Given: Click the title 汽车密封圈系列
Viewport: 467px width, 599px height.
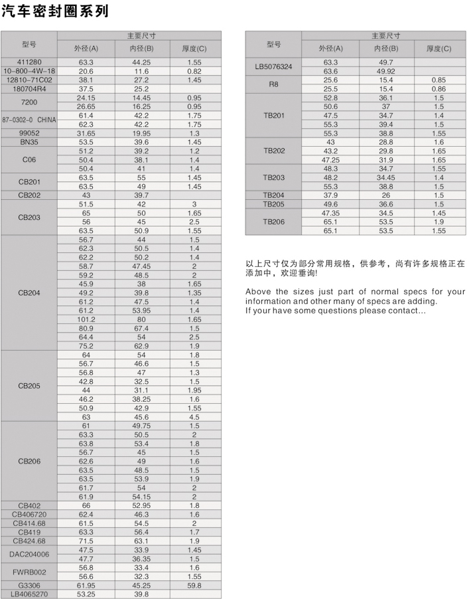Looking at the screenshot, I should point(55,12).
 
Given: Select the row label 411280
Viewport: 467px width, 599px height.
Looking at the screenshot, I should point(29,62).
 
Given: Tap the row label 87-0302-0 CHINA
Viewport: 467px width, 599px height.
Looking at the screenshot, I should point(29,119).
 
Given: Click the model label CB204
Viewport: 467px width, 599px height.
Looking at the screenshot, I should point(29,292).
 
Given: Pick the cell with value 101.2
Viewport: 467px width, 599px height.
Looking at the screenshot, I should point(86,318).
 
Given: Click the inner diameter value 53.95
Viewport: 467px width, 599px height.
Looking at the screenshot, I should point(141,309).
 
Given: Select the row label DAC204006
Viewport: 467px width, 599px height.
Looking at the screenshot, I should point(29,553).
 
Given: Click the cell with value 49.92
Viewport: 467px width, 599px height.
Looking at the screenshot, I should point(386,71).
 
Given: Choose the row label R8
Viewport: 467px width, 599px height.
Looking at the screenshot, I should point(274,84).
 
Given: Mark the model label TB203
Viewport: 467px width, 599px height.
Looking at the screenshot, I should point(274,178).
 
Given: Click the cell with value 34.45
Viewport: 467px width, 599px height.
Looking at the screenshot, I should point(386,178).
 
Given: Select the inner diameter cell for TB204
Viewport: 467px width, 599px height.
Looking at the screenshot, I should point(386,195).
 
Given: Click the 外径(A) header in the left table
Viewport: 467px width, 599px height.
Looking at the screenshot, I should point(86,48).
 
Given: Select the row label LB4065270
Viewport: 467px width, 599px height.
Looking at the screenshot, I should point(29,594).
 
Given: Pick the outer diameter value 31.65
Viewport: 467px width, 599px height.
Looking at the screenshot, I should point(86,132).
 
